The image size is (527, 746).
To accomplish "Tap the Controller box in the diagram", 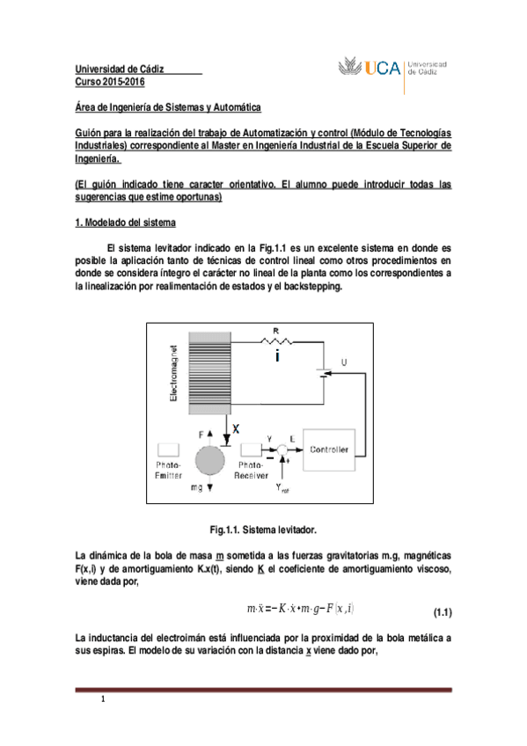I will coord(328,450).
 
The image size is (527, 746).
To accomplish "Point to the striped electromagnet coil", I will coord(209,370).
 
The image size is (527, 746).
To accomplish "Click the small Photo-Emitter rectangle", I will coord(168,449).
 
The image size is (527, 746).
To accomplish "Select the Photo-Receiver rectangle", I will coord(249,449).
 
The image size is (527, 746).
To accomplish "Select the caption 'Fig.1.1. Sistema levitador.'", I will coord(262,530).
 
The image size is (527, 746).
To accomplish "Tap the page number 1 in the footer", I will coord(103,700).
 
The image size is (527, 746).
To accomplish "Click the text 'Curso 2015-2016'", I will coord(109,82).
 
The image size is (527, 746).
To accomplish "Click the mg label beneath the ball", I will coord(195,486).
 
